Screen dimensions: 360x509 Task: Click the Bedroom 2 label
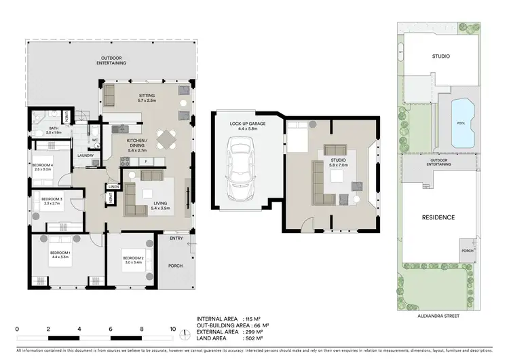(x=132, y=258)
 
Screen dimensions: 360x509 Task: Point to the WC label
(x=95, y=141)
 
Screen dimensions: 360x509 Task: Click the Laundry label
(x=86, y=156)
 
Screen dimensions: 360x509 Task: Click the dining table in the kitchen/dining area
(x=167, y=139)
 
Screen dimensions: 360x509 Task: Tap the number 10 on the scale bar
(x=173, y=329)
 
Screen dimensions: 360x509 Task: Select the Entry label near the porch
(x=176, y=238)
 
